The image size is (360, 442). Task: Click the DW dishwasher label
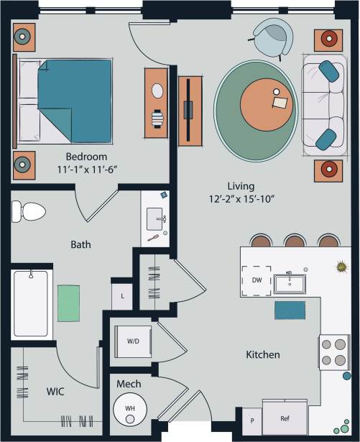257,280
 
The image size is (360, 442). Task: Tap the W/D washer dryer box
133,341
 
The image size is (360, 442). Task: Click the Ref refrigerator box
285,418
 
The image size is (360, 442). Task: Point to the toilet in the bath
28,211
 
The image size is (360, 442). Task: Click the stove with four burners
334,352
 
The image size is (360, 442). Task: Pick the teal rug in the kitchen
290,310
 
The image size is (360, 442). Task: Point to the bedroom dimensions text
86,169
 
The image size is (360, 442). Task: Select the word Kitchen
263,355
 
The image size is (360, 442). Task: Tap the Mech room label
128,385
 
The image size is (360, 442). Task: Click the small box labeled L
123,295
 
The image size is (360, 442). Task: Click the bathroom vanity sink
154,218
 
